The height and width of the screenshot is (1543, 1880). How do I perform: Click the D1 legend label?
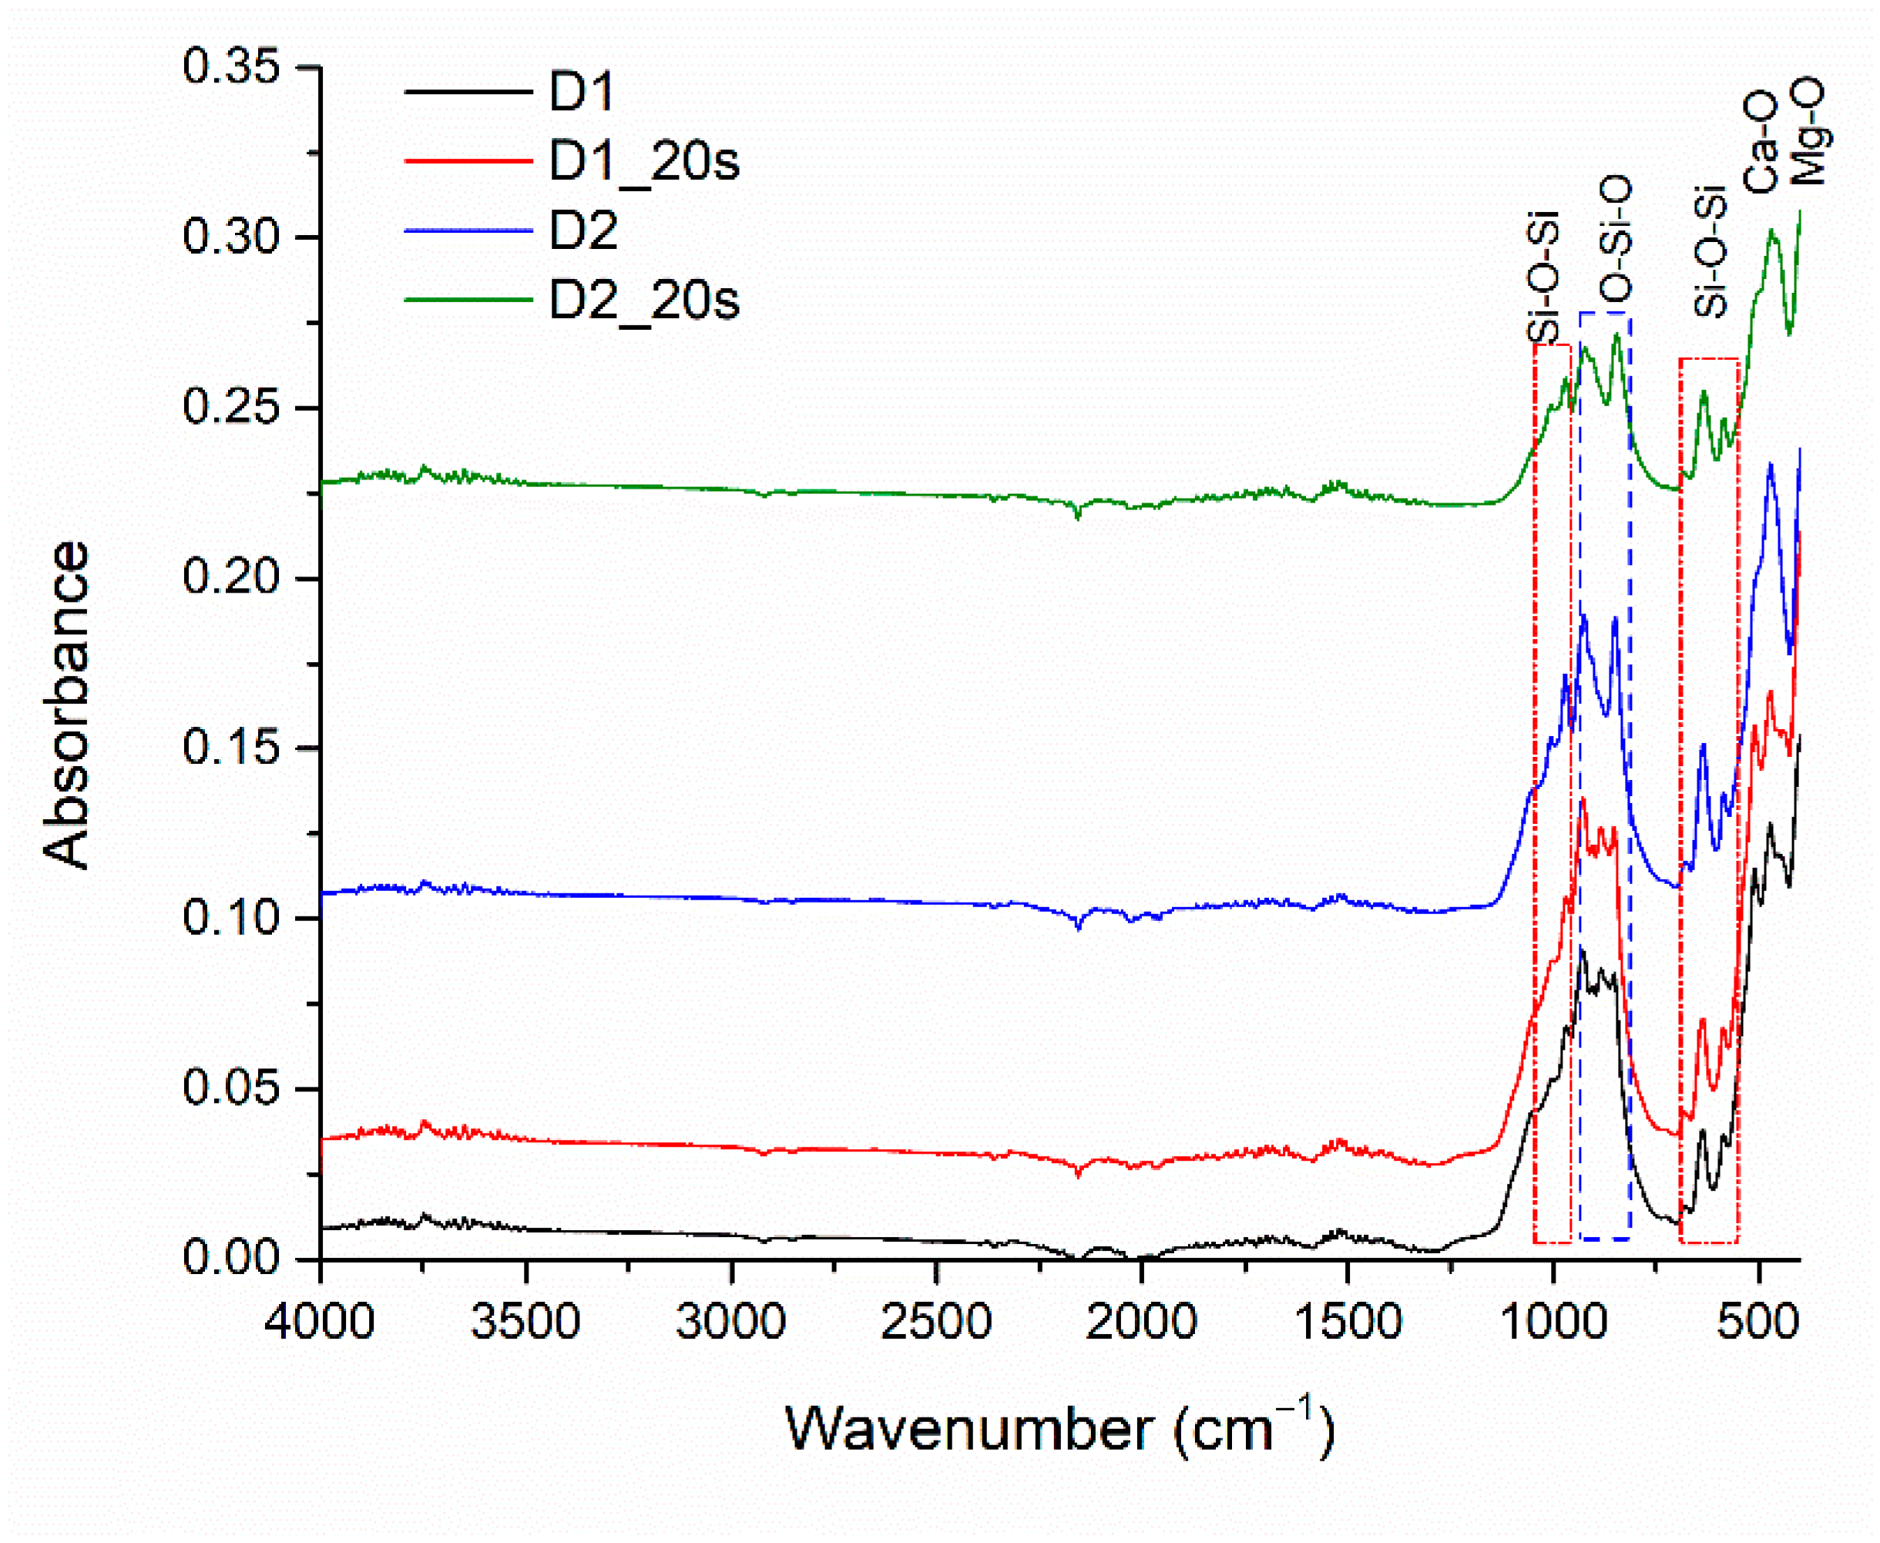[x=582, y=92]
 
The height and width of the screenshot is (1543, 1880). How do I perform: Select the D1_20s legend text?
[x=644, y=163]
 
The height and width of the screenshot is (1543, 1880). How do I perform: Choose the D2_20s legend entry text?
[x=644, y=301]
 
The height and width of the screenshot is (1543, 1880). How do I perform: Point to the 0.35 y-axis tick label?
[x=233, y=68]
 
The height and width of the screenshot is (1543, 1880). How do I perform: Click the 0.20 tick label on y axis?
[x=233, y=578]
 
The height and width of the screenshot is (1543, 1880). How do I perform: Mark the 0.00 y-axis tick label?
[x=233, y=1259]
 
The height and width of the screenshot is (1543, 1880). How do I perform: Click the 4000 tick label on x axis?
[x=320, y=1322]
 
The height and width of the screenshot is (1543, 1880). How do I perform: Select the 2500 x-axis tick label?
[x=935, y=1322]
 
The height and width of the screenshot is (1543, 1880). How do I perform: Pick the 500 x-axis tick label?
[x=1758, y=1322]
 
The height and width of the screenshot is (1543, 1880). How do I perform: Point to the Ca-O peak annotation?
[x=1760, y=143]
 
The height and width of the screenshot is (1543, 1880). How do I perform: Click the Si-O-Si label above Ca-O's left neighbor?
[x=1710, y=253]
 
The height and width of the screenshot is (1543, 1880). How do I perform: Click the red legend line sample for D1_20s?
[x=468, y=161]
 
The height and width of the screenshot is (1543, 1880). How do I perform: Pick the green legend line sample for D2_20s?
[x=468, y=301]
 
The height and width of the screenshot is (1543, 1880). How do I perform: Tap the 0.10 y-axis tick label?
[x=233, y=918]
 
